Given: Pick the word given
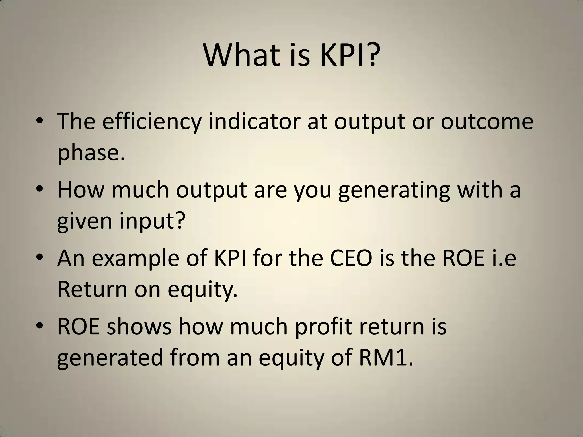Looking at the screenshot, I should tap(85, 221).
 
